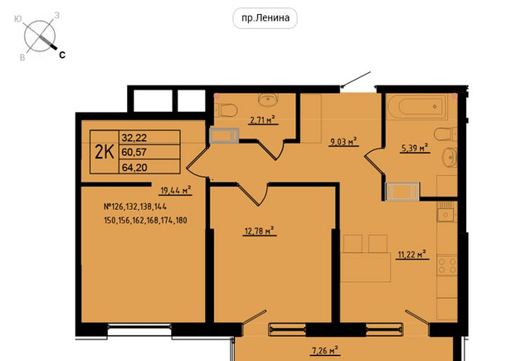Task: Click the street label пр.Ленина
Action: [x=265, y=18]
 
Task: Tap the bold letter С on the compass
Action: [x=62, y=55]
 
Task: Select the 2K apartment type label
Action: [x=105, y=152]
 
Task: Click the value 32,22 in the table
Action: [x=134, y=138]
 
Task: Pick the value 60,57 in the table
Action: [x=134, y=153]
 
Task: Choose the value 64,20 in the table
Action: [x=134, y=168]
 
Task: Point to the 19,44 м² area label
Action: [x=175, y=190]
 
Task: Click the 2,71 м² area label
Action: [x=262, y=120]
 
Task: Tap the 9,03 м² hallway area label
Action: [x=343, y=141]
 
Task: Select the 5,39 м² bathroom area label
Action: [x=415, y=148]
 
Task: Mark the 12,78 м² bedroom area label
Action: [x=260, y=231]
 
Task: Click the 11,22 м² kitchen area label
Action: [x=412, y=254]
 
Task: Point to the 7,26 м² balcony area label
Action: [x=324, y=350]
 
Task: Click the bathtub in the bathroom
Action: [x=421, y=107]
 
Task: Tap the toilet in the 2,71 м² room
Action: [x=227, y=110]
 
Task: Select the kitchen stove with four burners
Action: [x=447, y=266]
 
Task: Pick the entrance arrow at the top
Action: [x=356, y=80]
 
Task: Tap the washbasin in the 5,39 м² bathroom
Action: [x=450, y=157]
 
